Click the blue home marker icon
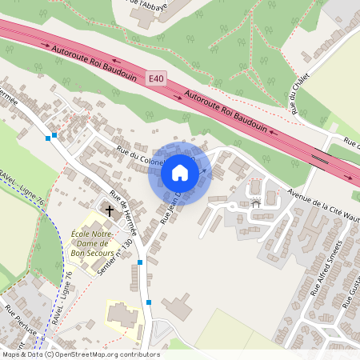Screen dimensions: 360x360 (x=180, y=173)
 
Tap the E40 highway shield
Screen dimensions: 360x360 (x=157, y=78)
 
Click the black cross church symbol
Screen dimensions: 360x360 (x=109, y=210)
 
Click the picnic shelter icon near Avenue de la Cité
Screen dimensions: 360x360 (x=256, y=203)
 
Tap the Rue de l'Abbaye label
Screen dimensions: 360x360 (x=153, y=4)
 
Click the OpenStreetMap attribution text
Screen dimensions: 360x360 (x=80, y=354)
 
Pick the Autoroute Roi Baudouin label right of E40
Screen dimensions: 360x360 (x=225, y=112)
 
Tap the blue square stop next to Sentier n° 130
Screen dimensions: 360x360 (x=140, y=262)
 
